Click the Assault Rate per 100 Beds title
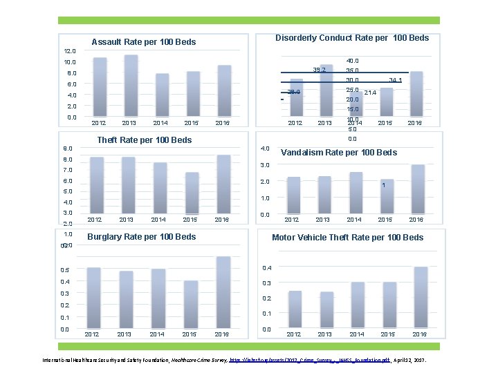tap(144, 42)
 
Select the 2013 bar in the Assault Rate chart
tap(131, 86)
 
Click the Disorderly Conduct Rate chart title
tap(352, 38)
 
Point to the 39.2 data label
tap(320, 70)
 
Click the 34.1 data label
tap(396, 80)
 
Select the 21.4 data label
tap(370, 93)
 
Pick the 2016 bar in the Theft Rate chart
tap(223, 184)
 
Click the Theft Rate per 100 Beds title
tap(145, 140)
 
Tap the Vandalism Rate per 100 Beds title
tap(339, 152)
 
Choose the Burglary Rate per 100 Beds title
tap(141, 237)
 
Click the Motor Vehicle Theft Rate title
tap(347, 238)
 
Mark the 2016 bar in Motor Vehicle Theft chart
tap(421, 297)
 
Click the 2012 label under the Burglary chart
tap(91, 334)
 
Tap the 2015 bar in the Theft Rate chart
tap(191, 193)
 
